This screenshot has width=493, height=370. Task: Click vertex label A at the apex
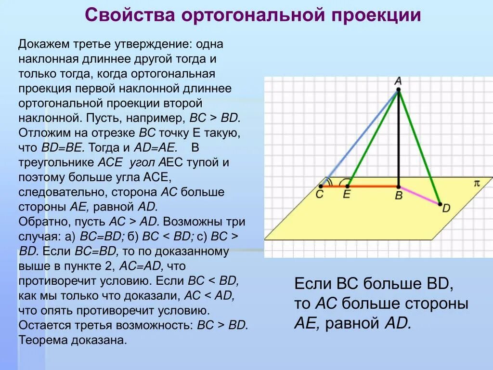click(x=398, y=80)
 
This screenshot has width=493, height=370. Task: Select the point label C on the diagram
click(x=320, y=195)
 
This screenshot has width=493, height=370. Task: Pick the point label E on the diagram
click(x=346, y=195)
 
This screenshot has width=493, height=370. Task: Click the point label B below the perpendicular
click(x=399, y=196)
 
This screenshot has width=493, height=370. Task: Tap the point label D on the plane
click(x=446, y=208)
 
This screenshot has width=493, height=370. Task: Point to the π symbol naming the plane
click(x=477, y=183)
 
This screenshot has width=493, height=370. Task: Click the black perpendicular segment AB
click(x=399, y=140)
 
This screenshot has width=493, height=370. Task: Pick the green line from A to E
click(x=373, y=138)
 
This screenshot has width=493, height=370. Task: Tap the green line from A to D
click(x=419, y=147)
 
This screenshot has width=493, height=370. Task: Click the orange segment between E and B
click(x=373, y=186)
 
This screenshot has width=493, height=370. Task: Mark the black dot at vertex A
click(x=398, y=90)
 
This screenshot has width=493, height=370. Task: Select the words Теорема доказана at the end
click(x=73, y=340)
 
